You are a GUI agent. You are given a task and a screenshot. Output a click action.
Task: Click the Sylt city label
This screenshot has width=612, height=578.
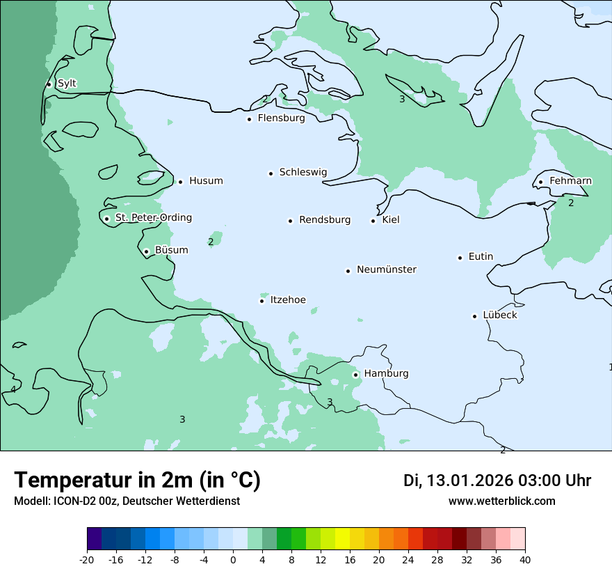pyautogui.click(x=67, y=84)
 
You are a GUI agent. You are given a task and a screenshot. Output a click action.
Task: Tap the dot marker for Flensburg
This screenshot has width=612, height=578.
pyautogui.click(x=249, y=119)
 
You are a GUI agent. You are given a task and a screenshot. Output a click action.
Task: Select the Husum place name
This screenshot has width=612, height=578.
pyautogui.click(x=206, y=181)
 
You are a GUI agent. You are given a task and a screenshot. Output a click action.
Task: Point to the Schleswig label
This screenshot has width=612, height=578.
pyautogui.click(x=303, y=172)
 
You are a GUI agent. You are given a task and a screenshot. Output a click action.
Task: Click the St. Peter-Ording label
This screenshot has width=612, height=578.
pyautogui.click(x=153, y=218)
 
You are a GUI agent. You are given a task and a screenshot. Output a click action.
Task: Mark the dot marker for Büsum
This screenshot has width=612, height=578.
pyautogui.click(x=146, y=251)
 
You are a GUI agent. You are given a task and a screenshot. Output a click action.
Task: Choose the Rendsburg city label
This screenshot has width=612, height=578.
pyautogui.click(x=325, y=220)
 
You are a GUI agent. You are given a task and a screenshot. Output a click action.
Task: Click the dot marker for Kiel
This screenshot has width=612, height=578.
pyautogui.click(x=373, y=221)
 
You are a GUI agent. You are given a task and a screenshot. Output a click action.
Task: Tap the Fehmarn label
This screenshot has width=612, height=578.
pyautogui.click(x=570, y=181)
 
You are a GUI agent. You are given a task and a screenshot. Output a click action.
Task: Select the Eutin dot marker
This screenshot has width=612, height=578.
pyautogui.click(x=460, y=258)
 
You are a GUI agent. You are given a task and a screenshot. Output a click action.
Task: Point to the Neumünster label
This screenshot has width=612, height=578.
pyautogui.click(x=387, y=270)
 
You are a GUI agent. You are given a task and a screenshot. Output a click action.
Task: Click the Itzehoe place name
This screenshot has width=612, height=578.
pyautogui.click(x=288, y=300)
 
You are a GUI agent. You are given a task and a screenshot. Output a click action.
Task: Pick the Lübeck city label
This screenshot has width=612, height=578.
pyautogui.click(x=500, y=315)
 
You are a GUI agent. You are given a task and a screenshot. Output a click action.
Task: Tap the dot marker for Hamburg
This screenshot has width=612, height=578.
pyautogui.click(x=355, y=375)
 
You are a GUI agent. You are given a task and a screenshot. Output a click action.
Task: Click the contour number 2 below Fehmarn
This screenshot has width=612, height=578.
pyautogui.click(x=571, y=203)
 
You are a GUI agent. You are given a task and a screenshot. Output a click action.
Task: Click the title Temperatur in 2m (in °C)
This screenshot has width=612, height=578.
pyautogui.click(x=137, y=481)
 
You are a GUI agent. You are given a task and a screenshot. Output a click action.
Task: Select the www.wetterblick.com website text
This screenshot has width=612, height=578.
pyautogui.click(x=501, y=501)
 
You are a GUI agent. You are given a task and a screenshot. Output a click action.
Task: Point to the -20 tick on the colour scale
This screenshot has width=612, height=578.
pyautogui.click(x=87, y=560)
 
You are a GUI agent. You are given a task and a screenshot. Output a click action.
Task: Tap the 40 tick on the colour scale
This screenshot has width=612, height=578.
pyautogui.click(x=525, y=560)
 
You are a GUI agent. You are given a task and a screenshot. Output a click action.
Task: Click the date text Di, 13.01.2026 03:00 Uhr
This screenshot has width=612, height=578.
pyautogui.click(x=497, y=481)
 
